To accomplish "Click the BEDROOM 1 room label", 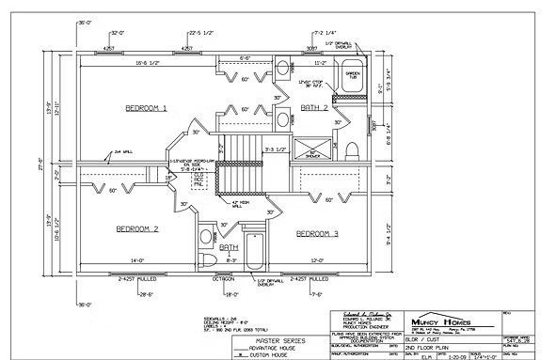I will (x=146, y=109).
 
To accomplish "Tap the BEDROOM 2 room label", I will (x=136, y=228).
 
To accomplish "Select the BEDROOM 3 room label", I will (x=316, y=232).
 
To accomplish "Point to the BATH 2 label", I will (x=313, y=109).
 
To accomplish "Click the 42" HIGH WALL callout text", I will (x=241, y=203).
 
